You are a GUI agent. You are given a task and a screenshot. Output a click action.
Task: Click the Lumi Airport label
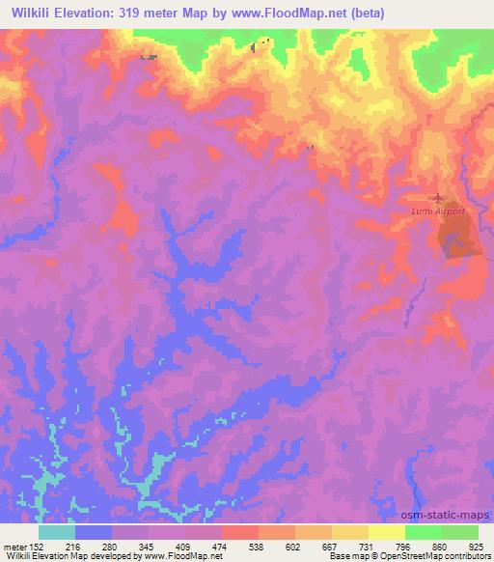pyautogui.click(x=437, y=210)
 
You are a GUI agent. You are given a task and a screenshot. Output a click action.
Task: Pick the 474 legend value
pyautogui.click(x=221, y=546)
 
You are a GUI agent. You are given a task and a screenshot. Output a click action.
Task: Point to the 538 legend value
pyautogui.click(x=258, y=546)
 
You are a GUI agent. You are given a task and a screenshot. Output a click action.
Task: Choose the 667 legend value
pyautogui.click(x=331, y=546)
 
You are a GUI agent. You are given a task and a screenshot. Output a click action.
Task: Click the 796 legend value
pyautogui.click(x=402, y=546)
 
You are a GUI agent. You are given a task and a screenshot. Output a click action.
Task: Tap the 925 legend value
pyautogui.click(x=477, y=546)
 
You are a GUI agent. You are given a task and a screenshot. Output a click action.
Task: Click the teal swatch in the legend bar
pyautogui.click(x=57, y=532)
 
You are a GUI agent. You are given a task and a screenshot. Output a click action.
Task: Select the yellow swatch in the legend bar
pyautogui.click(x=387, y=532)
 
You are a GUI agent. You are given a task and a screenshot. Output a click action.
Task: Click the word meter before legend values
pyautogui.click(x=15, y=546)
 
